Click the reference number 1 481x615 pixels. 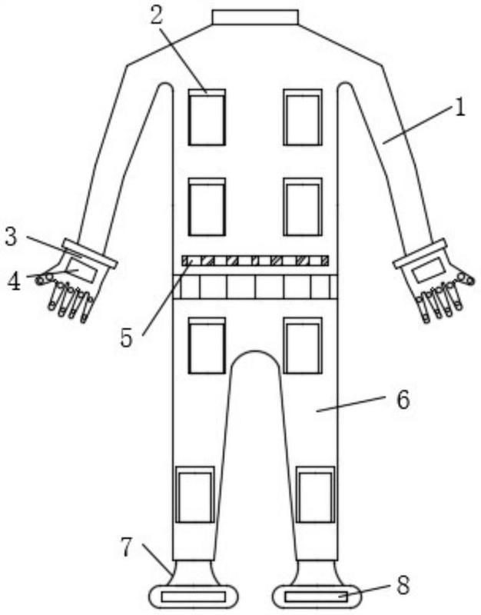[x=459, y=108]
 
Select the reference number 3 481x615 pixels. [x=11, y=237]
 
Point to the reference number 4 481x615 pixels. [x=14, y=281]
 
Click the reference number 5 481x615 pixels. [x=126, y=337]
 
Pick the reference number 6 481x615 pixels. [x=403, y=400]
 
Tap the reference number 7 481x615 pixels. [x=126, y=547]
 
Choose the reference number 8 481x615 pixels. [x=403, y=585]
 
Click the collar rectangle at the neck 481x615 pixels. [x=255, y=17]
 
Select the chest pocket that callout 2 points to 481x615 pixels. [x=207, y=118]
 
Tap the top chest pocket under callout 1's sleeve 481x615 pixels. [x=303, y=118]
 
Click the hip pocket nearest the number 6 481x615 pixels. [x=303, y=345]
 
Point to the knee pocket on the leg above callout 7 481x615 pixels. [x=195, y=494]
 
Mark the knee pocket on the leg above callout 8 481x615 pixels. [x=316, y=494]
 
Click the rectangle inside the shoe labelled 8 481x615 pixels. [x=316, y=597]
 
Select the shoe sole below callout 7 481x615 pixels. [x=194, y=597]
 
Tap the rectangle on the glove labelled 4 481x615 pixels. [x=81, y=268]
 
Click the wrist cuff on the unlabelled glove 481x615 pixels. [x=420, y=254]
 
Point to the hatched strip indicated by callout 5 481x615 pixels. [x=255, y=261]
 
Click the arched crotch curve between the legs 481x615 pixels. [x=255, y=351]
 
